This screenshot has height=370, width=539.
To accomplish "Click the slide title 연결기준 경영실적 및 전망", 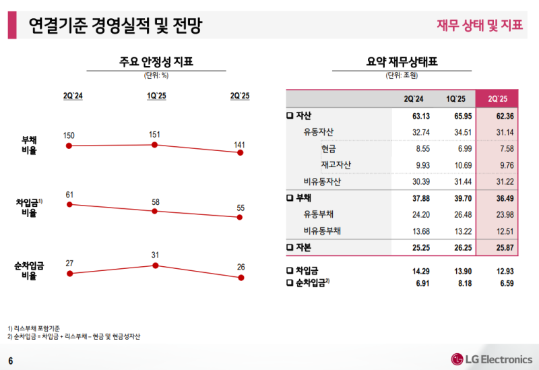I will [115, 26].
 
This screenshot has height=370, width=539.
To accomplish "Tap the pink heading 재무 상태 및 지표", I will [480, 26].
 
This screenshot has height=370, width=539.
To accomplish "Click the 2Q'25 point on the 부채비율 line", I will [241, 153].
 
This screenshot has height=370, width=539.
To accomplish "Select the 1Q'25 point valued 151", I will [155, 144].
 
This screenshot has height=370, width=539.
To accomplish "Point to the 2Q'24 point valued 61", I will [69, 204].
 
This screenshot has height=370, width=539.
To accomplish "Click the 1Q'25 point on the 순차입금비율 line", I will [156, 266].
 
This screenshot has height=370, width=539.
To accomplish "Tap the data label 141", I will [240, 145].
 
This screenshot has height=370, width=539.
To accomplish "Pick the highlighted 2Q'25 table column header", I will [497, 99].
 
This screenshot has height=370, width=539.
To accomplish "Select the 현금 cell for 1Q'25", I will [459, 148].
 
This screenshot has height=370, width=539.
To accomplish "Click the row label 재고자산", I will [336, 165].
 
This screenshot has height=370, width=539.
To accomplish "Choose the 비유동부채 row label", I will [323, 231].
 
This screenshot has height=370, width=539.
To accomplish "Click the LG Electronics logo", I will [491, 358].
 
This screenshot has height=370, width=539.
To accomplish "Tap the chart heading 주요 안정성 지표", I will [156, 62].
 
